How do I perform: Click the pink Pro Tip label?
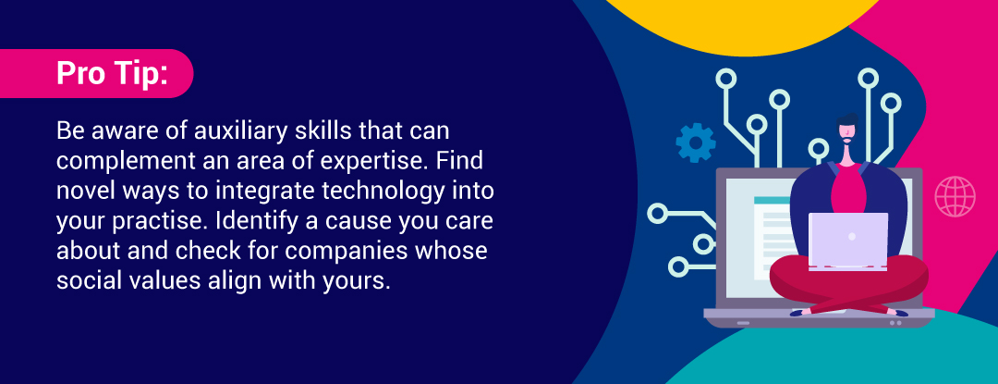(x=95, y=73)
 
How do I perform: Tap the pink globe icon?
(x=955, y=197)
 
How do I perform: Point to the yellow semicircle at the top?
(x=738, y=26)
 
